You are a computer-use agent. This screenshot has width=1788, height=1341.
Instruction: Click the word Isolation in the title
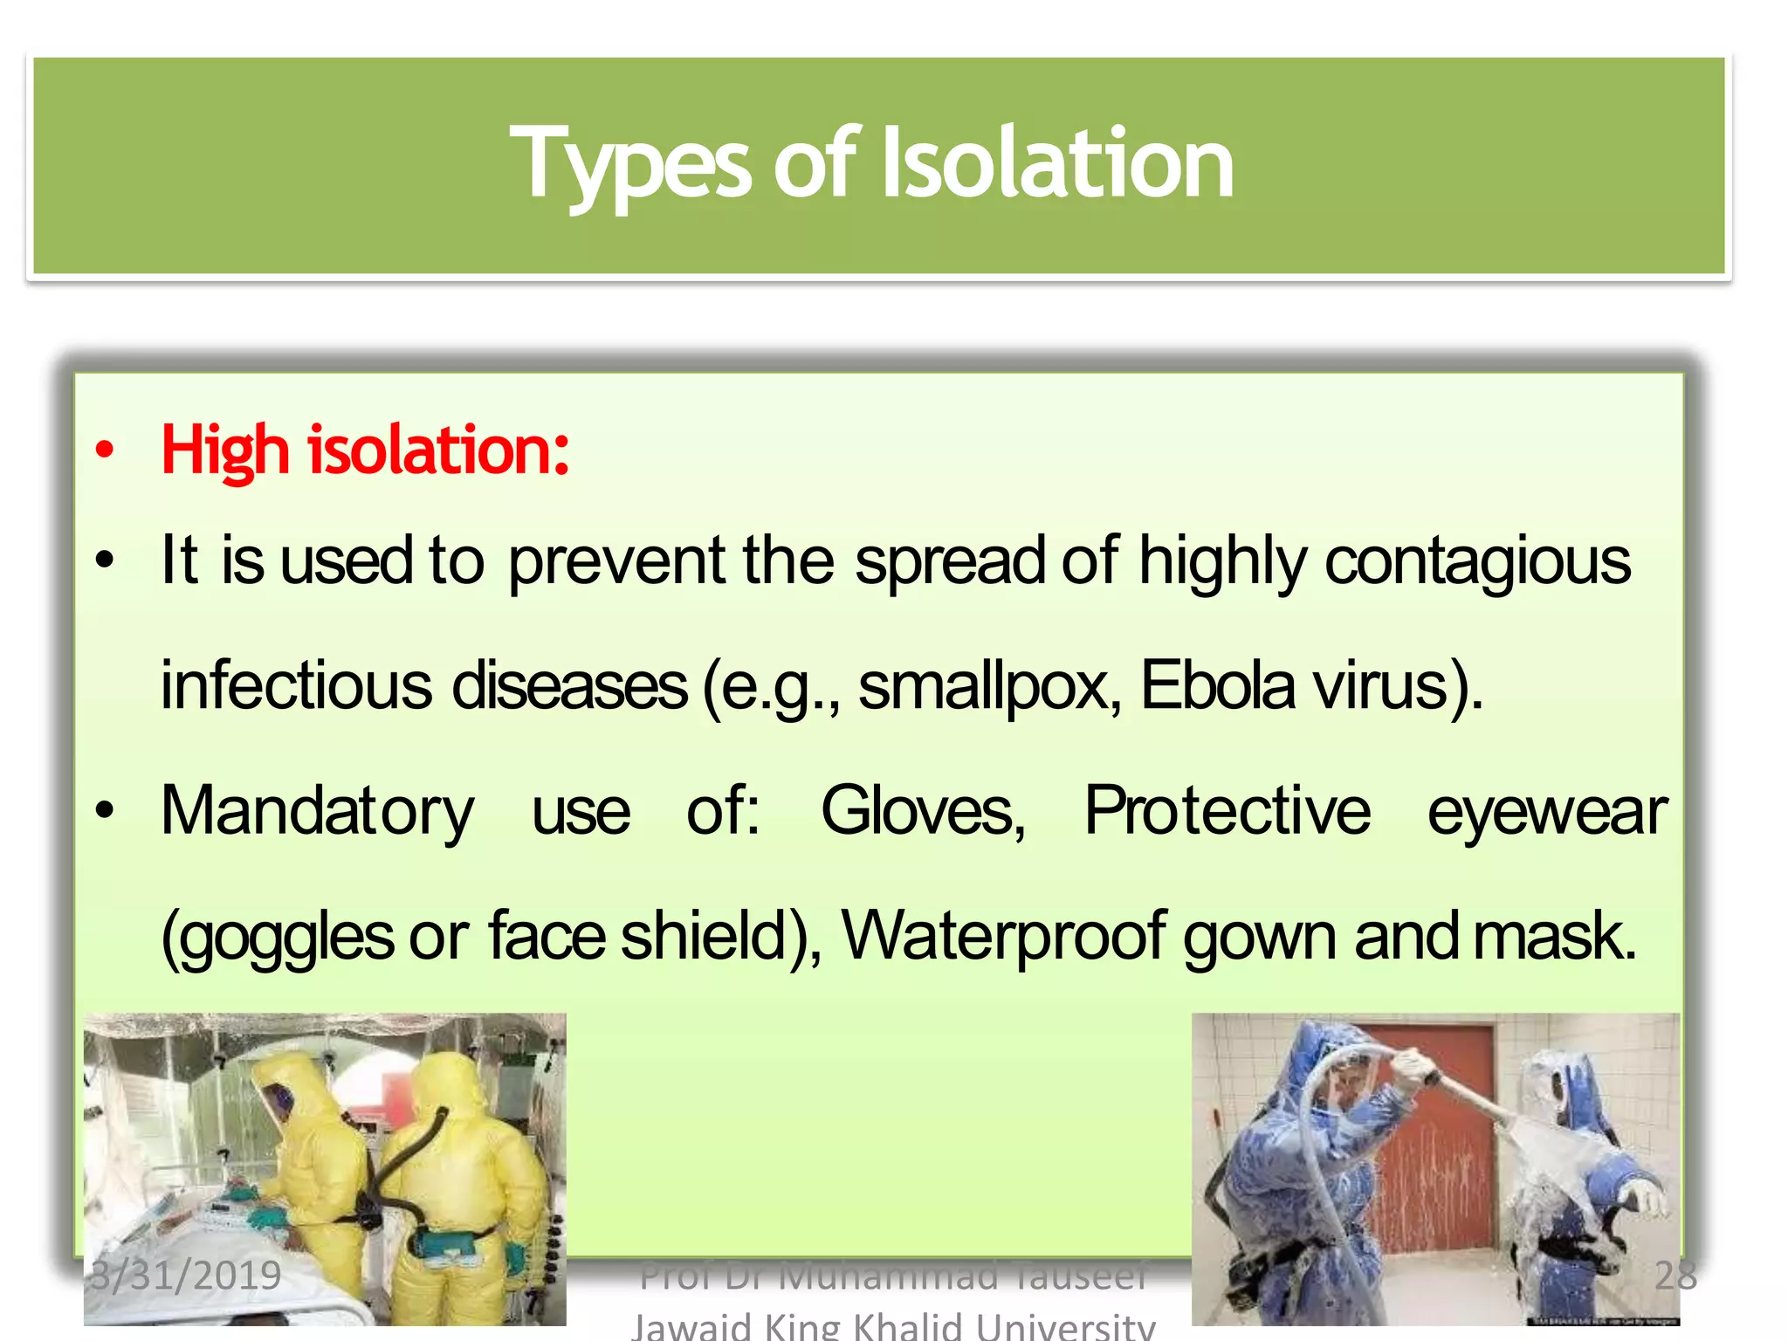click(x=1057, y=163)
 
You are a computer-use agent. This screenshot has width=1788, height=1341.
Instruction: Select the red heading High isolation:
click(x=365, y=450)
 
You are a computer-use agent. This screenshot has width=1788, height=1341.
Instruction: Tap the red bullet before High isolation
click(x=105, y=451)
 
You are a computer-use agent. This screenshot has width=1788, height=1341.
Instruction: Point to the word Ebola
click(x=1217, y=686)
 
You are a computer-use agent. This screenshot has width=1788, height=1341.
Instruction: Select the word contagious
click(x=1477, y=561)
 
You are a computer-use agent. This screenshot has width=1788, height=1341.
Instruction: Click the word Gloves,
click(x=923, y=811)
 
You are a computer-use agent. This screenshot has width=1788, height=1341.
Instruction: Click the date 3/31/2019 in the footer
click(x=186, y=1276)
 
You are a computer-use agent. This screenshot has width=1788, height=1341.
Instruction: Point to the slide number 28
click(x=1675, y=1276)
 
